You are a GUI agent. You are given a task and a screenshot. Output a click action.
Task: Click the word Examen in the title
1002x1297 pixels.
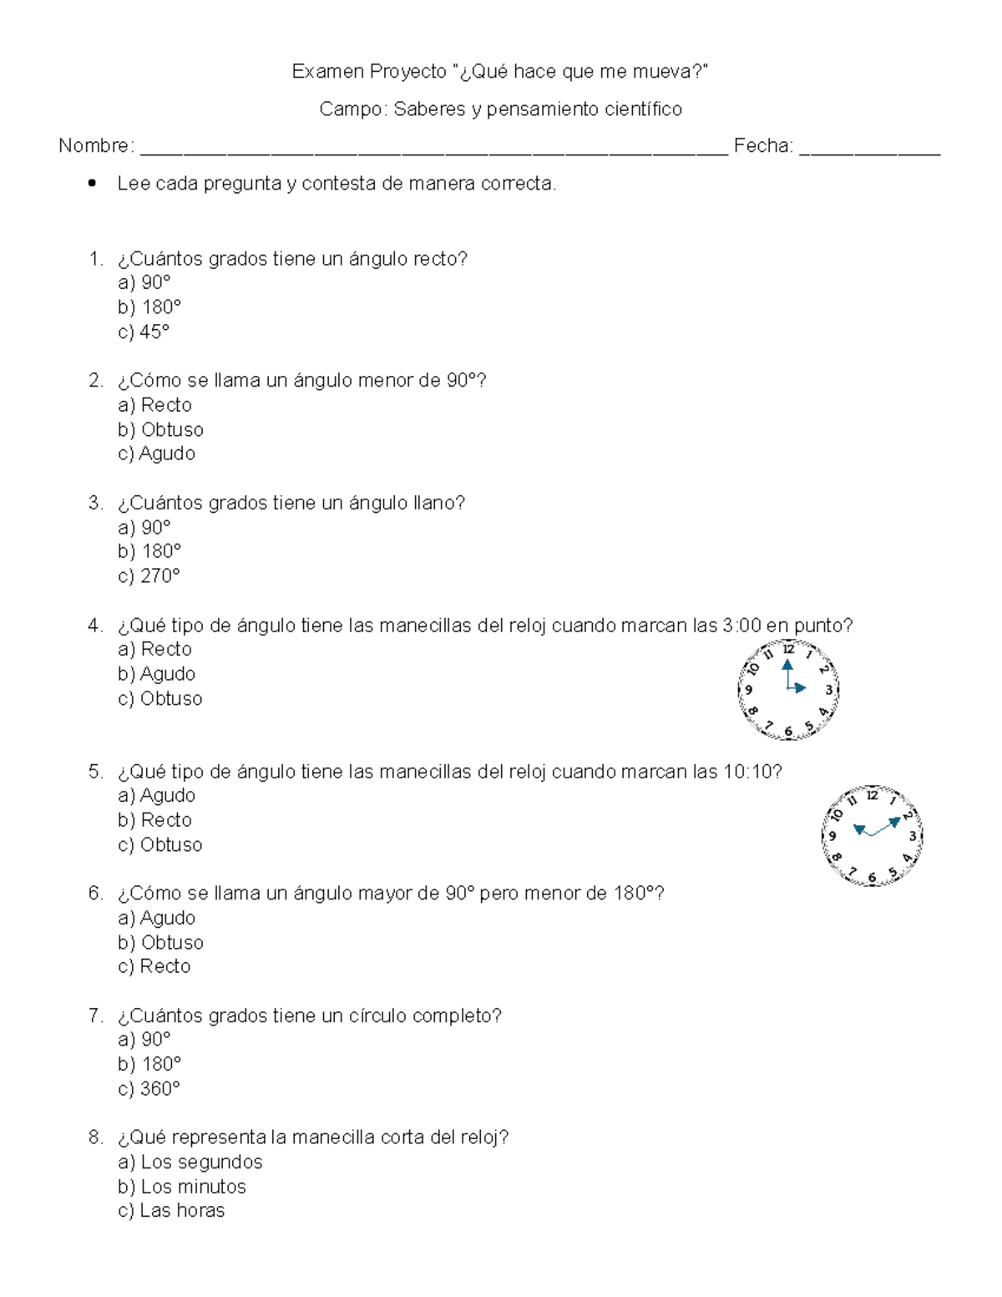pyautogui.click(x=327, y=72)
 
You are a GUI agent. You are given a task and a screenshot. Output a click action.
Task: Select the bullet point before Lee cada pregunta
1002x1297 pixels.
pyautogui.click(x=93, y=183)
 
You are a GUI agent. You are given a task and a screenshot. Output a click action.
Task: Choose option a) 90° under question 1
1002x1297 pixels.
pyautogui.click(x=144, y=283)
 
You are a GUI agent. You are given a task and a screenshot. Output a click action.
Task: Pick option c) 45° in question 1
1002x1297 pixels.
pyautogui.click(x=144, y=332)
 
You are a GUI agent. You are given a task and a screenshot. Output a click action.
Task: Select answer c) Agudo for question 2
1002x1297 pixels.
pyautogui.click(x=157, y=453)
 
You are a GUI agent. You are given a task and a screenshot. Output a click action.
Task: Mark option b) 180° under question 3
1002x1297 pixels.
pyautogui.click(x=149, y=551)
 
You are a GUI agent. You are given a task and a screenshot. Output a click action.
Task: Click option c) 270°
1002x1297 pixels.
pyautogui.click(x=149, y=576)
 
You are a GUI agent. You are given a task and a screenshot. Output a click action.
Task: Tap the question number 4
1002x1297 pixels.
pyautogui.click(x=95, y=626)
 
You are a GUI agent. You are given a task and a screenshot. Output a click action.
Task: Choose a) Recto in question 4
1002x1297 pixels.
pyautogui.click(x=155, y=649)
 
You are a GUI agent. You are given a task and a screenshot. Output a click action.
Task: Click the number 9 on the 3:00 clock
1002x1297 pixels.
pyautogui.click(x=749, y=690)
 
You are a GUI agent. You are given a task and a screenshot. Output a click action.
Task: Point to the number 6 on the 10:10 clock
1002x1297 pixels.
pyautogui.click(x=872, y=878)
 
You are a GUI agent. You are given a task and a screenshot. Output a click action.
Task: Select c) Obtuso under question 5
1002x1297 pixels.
pyautogui.click(x=160, y=845)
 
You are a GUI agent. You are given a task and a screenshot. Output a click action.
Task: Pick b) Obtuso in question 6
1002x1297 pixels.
pyautogui.click(x=161, y=942)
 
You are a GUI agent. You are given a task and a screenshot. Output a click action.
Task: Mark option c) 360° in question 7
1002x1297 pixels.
pyautogui.click(x=149, y=1089)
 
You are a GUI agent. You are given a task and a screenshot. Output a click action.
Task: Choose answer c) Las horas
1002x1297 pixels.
pyautogui.click(x=172, y=1211)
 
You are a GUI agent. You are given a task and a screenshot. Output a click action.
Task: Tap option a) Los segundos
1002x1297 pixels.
pyautogui.click(x=190, y=1163)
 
